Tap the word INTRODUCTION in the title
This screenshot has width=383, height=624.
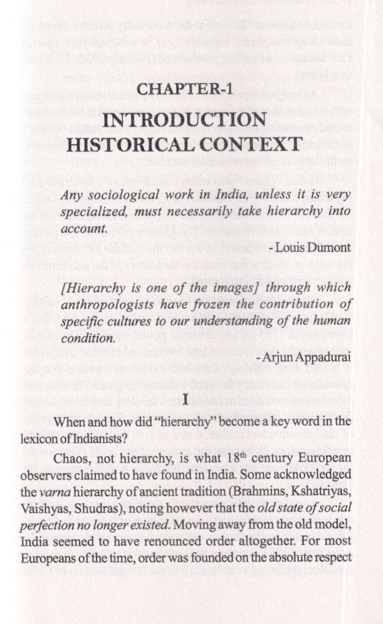coord(184,120)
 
